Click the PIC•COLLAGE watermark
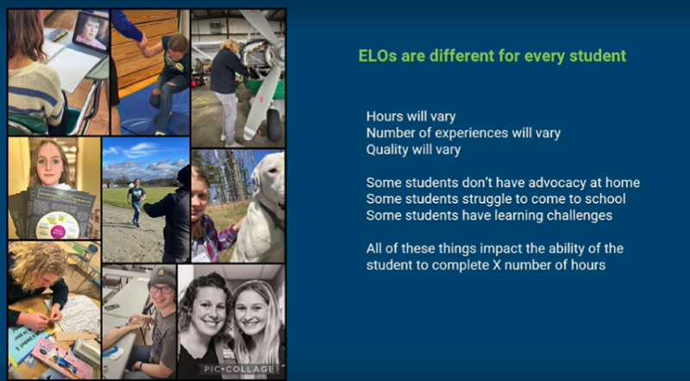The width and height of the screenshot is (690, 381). click(240, 369)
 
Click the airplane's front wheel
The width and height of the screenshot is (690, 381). click(274, 125)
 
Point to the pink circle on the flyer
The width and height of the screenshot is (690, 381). click(58, 231)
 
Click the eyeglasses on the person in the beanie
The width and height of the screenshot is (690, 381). click(160, 289)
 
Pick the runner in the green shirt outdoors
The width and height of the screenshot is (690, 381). click(136, 201)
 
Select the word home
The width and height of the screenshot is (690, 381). click(623, 183)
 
